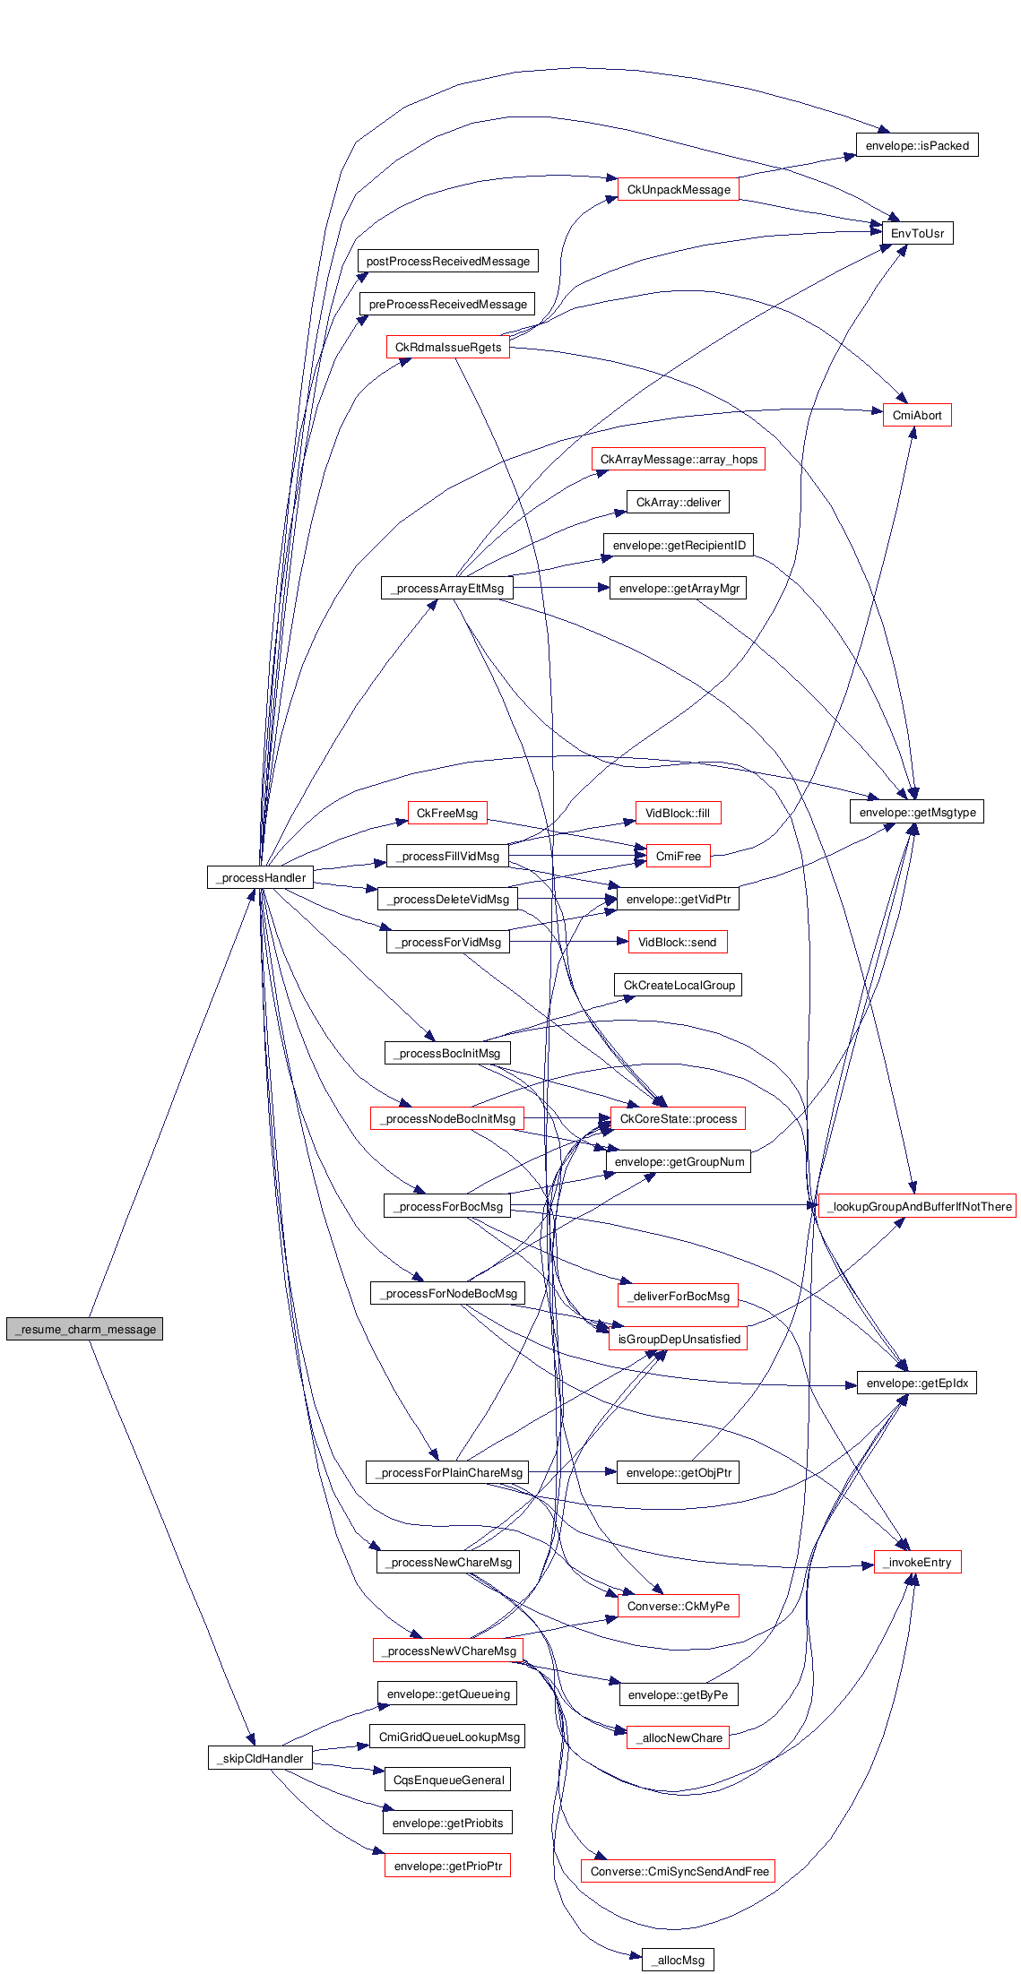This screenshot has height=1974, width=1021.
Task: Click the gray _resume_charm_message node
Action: (84, 1329)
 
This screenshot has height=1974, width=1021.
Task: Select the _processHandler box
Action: (260, 877)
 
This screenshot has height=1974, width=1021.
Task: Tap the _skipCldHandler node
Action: (260, 1758)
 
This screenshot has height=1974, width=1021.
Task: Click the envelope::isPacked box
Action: (916, 145)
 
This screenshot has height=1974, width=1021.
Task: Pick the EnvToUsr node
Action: (916, 233)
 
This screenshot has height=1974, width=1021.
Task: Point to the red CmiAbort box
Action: (916, 415)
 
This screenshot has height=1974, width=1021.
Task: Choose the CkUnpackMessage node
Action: (678, 189)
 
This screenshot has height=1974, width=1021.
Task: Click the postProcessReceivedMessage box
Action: (447, 261)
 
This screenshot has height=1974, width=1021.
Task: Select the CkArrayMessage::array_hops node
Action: (678, 459)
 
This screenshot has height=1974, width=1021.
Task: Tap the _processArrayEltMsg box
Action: (447, 588)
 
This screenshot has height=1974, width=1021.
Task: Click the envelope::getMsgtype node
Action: (916, 812)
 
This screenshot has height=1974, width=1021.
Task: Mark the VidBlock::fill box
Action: (677, 813)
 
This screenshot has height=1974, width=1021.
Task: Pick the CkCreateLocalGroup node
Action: (678, 985)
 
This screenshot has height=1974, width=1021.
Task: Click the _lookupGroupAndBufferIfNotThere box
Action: (916, 1206)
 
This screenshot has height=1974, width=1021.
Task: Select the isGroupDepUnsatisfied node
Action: (678, 1339)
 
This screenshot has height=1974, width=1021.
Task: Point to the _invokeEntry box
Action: (916, 1562)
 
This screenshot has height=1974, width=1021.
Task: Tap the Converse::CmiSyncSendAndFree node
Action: (678, 1871)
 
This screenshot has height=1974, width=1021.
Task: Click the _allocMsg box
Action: (678, 1960)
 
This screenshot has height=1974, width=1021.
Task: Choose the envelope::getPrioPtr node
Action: (447, 1866)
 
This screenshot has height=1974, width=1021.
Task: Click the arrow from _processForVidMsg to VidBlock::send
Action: (565, 942)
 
